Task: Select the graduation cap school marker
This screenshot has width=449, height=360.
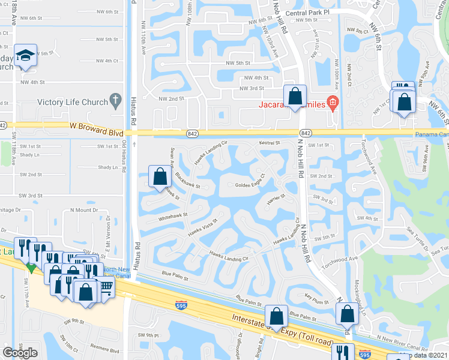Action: point(25,56)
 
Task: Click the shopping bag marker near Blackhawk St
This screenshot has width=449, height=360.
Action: point(160,178)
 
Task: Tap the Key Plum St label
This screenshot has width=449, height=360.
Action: point(318,296)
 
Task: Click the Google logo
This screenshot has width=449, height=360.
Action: point(20,352)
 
